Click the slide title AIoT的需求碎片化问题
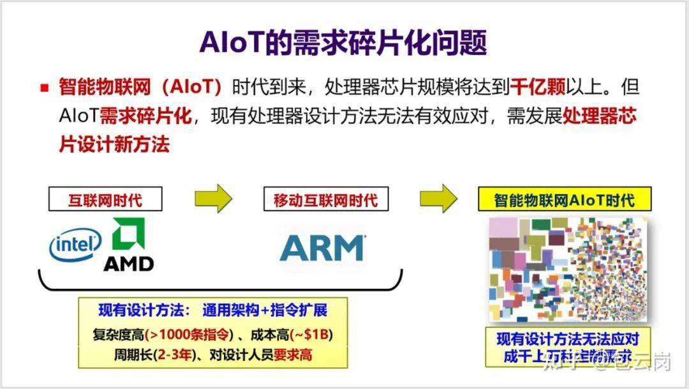(x=343, y=43)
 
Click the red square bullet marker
(x=45, y=88)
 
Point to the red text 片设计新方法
(x=114, y=144)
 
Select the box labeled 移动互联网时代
(x=321, y=200)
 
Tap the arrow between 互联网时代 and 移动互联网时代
(x=213, y=199)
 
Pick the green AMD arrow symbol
(x=128, y=234)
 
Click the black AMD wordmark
(x=128, y=263)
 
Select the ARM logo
(x=323, y=247)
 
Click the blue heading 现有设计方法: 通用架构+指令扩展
(x=212, y=311)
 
